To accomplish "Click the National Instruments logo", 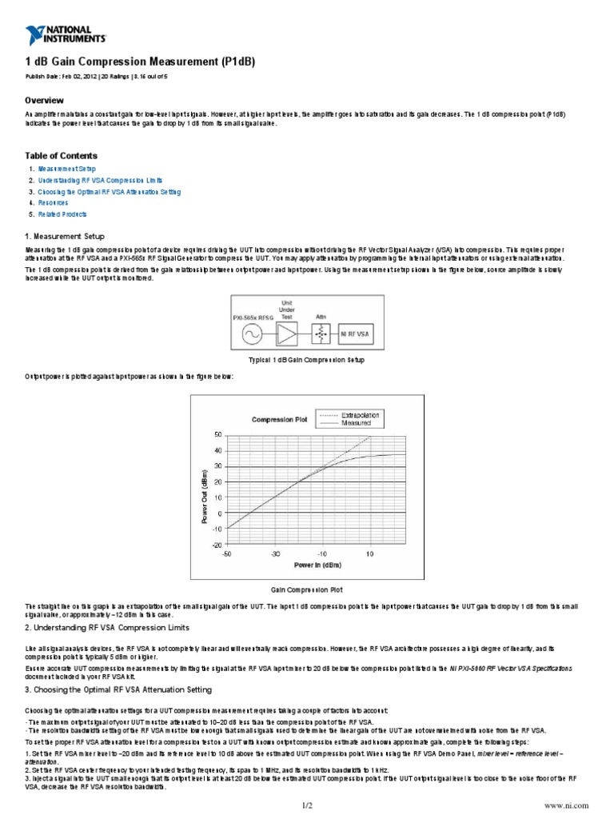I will tap(66, 34).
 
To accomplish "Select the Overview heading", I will tap(44, 101).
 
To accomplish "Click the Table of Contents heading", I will tap(62, 156).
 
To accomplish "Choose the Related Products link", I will tap(63, 214).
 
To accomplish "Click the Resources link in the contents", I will tap(55, 203).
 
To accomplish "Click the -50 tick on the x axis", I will tap(227, 553).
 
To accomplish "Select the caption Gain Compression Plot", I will tap(307, 589).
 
